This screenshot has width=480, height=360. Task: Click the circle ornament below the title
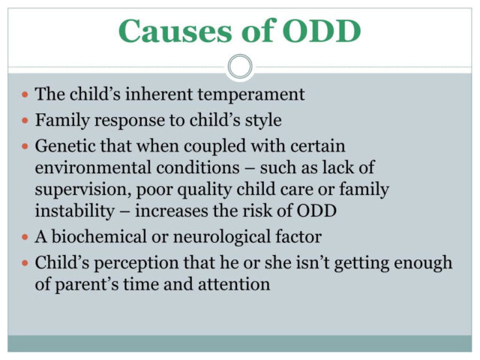(240, 67)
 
